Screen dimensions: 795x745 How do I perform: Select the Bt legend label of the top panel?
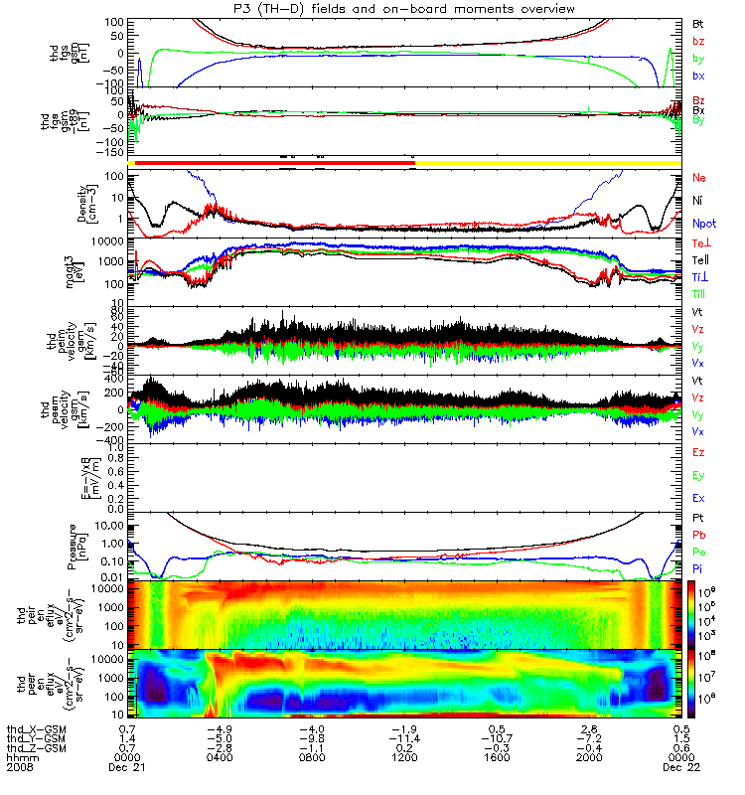click(x=698, y=22)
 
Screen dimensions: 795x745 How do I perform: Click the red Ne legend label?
click(x=698, y=178)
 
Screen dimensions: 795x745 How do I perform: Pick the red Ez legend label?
click(x=698, y=453)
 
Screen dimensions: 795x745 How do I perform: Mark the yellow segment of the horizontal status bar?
click(x=546, y=161)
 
